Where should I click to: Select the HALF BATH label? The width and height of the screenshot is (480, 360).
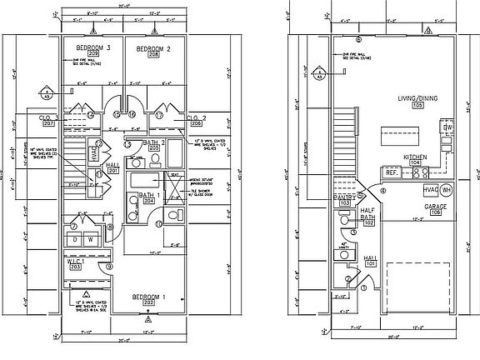[x=368, y=212]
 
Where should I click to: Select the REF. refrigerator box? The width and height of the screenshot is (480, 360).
[x=392, y=172]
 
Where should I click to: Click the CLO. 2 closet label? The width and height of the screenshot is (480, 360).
[x=197, y=117]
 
